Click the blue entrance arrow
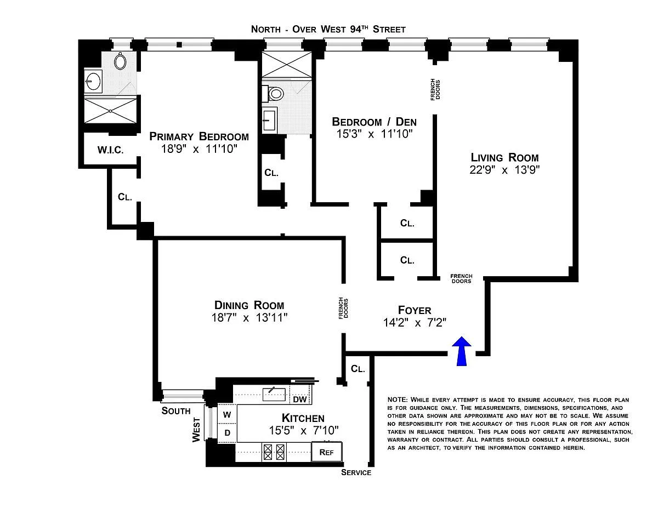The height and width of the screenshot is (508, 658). [x=462, y=351]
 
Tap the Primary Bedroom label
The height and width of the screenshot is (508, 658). [x=199, y=136]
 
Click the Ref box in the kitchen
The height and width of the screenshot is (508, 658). [x=327, y=453]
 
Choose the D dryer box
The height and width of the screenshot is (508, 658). [x=227, y=433]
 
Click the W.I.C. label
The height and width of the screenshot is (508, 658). [x=110, y=150]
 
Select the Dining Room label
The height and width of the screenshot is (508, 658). [x=249, y=305]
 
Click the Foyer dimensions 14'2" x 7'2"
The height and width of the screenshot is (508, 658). [x=415, y=323]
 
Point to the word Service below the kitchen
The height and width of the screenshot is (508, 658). [x=356, y=472]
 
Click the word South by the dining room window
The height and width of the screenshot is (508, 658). [x=176, y=410]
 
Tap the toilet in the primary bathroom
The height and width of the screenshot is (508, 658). [x=120, y=61]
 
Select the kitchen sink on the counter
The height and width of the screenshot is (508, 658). [x=273, y=393]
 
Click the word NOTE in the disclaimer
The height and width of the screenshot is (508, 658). [x=397, y=399]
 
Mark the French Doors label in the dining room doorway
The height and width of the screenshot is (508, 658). [x=342, y=308]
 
